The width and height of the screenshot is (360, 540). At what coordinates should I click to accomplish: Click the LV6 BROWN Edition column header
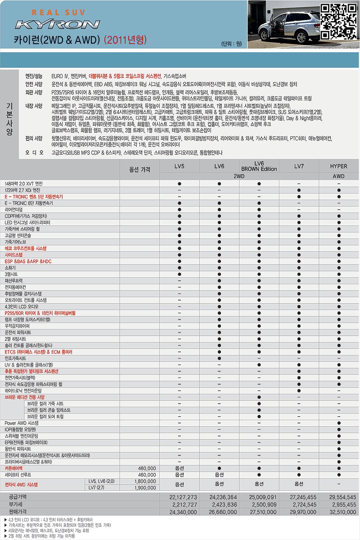259,166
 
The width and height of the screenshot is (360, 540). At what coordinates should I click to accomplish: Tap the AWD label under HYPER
338,176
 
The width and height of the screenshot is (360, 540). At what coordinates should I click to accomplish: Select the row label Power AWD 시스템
22,423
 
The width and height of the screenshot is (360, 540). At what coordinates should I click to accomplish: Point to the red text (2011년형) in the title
126,40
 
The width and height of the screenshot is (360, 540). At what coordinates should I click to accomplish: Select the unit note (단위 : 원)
232,44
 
